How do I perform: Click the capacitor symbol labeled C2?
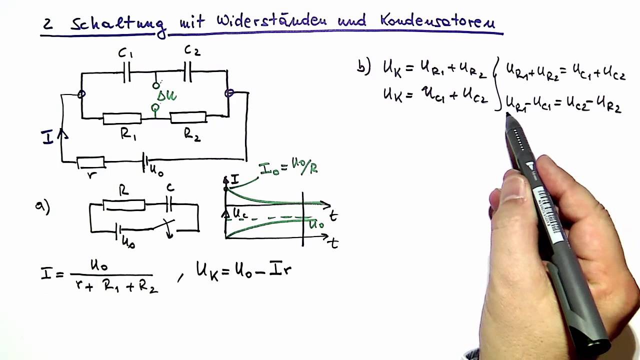[188, 73]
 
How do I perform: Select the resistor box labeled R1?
[122, 118]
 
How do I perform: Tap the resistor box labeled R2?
[188, 117]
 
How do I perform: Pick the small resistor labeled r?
[90, 162]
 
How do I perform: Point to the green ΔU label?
[166, 95]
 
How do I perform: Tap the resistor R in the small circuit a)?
[123, 205]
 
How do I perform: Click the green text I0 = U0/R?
[288, 168]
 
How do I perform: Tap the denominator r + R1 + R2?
[114, 286]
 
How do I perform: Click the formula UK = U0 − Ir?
[243, 271]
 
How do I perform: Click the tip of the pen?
[508, 115]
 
